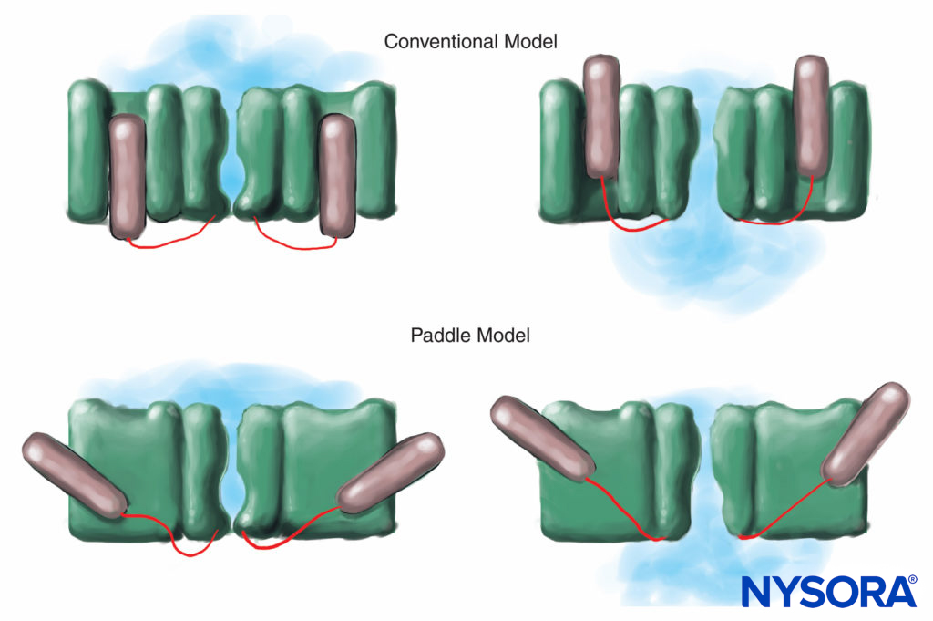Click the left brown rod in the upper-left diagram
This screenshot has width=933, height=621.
128,178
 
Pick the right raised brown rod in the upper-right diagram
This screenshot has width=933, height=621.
812,116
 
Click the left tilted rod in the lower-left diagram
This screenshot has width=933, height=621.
73,475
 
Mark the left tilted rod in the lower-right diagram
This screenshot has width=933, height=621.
543,438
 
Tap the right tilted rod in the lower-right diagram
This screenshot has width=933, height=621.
866,432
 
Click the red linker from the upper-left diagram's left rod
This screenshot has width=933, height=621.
173,240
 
